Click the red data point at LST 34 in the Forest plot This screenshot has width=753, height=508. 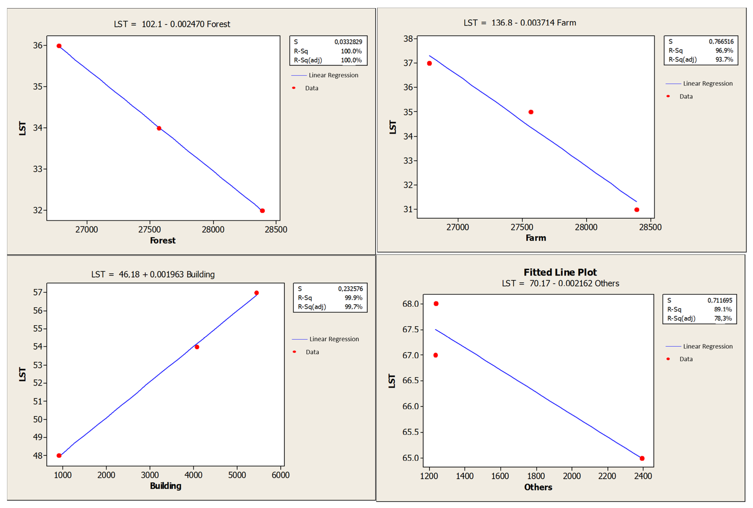point(159,128)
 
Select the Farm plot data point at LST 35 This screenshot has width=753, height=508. point(531,112)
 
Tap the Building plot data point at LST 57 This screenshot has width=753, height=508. point(256,293)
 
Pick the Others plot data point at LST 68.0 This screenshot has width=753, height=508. point(436,304)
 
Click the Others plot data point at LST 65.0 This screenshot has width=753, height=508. point(642,458)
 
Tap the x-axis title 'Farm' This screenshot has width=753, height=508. point(536,238)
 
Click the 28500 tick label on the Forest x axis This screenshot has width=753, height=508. point(276,229)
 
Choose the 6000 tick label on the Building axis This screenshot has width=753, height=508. point(280,475)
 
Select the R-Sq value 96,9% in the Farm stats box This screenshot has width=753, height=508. point(724,50)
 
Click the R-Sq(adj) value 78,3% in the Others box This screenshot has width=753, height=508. point(723,318)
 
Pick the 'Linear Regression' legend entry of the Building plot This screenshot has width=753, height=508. point(334,339)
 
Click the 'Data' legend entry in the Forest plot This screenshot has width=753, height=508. point(311,88)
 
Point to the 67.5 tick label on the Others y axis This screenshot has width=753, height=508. point(410,329)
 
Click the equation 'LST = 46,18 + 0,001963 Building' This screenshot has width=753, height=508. point(153,274)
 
